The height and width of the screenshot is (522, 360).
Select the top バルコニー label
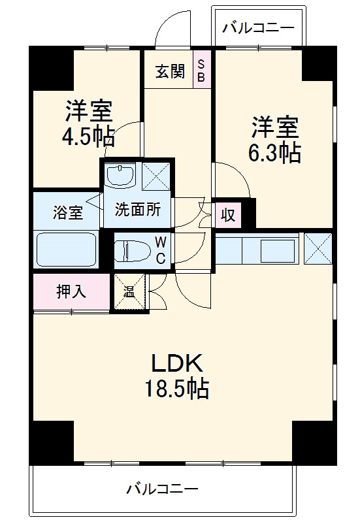[x=257, y=28]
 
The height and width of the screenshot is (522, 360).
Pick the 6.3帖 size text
[x=274, y=152]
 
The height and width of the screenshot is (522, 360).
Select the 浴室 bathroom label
[x=68, y=212]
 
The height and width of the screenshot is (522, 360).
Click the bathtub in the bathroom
[x=65, y=249]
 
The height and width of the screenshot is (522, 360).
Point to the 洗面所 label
[x=138, y=210]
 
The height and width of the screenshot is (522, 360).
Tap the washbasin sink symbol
[x=120, y=175]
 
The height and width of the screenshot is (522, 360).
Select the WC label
[x=160, y=250]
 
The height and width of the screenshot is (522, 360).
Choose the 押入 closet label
[x=71, y=291]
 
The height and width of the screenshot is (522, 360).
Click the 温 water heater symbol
[x=129, y=291]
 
